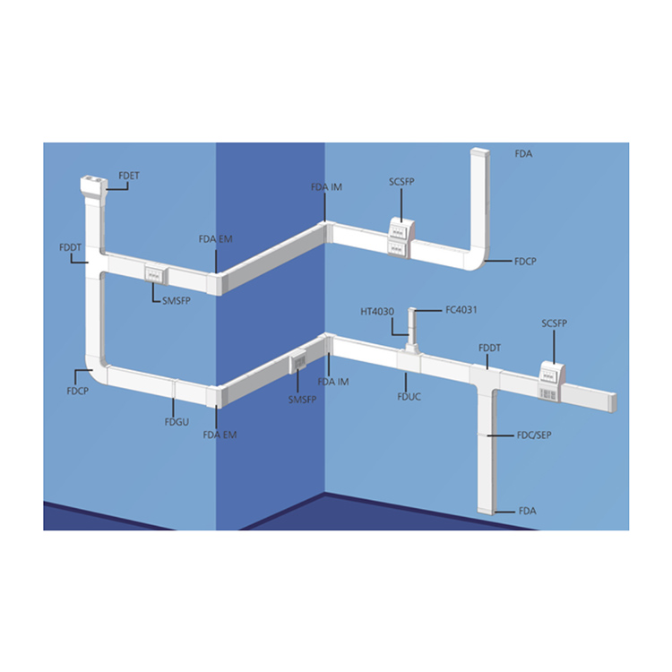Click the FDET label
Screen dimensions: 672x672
[x=129, y=176]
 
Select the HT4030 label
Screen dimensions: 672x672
[x=377, y=312]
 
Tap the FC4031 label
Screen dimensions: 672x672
[x=461, y=310]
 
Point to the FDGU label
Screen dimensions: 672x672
[x=177, y=422]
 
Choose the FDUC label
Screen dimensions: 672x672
[x=409, y=397]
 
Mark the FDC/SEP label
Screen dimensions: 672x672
[x=534, y=435]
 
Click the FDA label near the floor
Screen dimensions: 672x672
[x=527, y=511]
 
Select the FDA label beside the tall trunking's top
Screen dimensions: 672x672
[x=523, y=154]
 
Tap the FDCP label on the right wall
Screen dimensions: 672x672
[x=525, y=262]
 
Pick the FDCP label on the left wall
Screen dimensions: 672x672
[x=78, y=391]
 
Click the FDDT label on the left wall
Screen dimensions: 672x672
[x=70, y=247]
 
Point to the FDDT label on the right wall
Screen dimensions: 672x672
[x=489, y=348]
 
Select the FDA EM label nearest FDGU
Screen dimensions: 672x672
[x=220, y=435]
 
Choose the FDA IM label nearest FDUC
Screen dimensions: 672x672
[x=333, y=382]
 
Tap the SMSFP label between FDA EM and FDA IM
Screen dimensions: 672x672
[x=302, y=400]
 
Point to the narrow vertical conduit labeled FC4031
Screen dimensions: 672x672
[x=412, y=326]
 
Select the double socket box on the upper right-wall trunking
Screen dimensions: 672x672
[x=401, y=238]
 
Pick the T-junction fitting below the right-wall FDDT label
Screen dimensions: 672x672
[x=486, y=382]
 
